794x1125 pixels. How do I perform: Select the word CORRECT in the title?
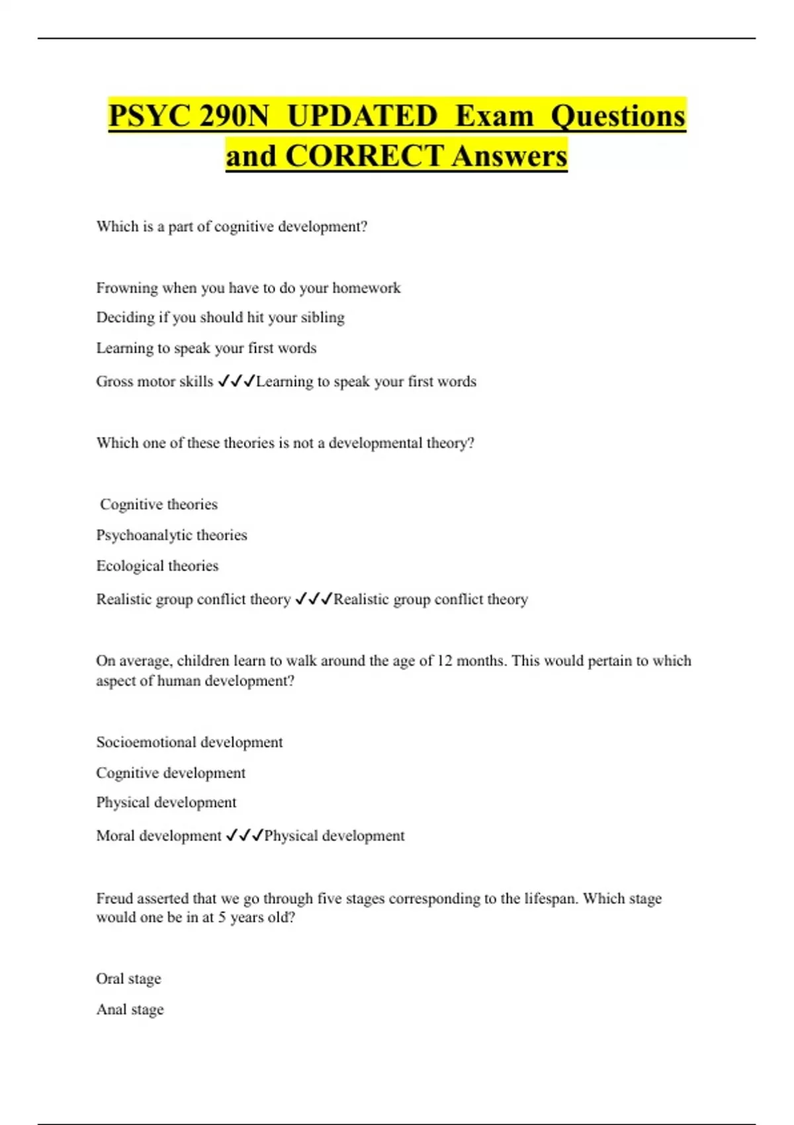click(364, 156)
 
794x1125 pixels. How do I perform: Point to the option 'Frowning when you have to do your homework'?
click(248, 288)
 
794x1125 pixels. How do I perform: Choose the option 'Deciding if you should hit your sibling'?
click(220, 318)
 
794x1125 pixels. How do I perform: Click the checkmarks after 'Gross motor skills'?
click(236, 381)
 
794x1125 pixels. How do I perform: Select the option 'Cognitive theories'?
click(159, 504)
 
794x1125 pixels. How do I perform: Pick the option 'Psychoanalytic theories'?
click(171, 535)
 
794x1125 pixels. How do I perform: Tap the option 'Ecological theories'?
click(157, 566)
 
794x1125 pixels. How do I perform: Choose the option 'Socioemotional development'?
click(189, 742)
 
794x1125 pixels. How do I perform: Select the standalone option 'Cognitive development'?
click(171, 773)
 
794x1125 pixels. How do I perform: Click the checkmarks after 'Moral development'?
click(244, 835)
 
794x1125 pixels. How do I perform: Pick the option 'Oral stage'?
click(128, 979)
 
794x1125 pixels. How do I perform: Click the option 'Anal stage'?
click(130, 1009)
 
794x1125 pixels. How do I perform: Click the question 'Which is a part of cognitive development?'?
click(232, 226)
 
